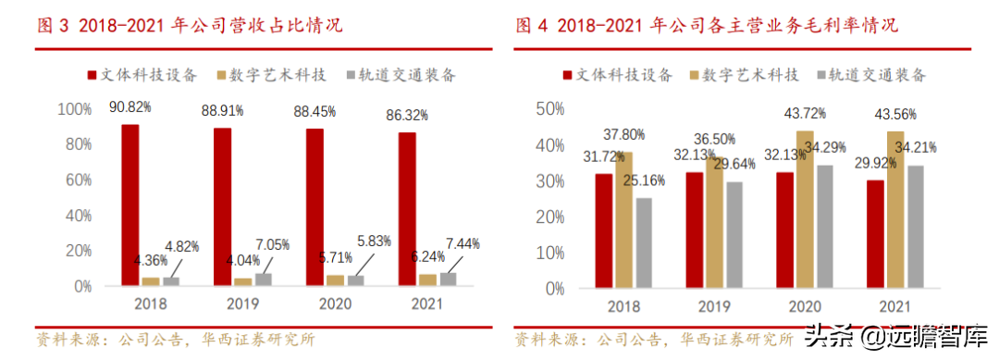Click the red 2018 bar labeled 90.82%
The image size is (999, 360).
(130, 205)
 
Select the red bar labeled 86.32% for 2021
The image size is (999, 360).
(407, 208)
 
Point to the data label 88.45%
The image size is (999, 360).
(314, 111)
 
